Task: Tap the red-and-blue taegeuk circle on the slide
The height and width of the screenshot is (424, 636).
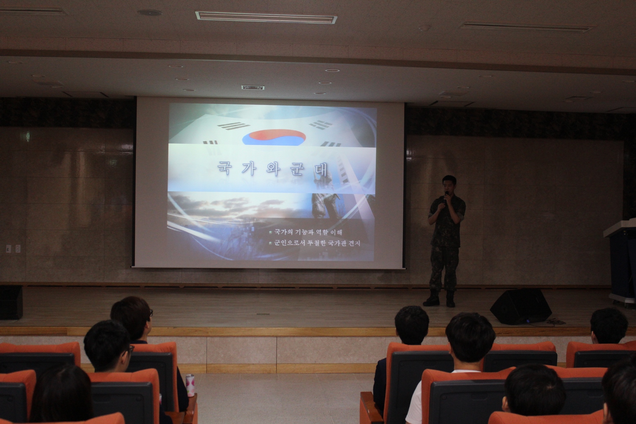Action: point(274,138)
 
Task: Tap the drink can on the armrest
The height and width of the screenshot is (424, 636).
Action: point(190,385)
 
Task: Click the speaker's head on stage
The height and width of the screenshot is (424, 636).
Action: point(449,185)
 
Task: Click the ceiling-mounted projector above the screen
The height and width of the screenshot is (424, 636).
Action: point(253,87)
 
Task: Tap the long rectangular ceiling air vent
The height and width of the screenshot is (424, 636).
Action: point(266,18)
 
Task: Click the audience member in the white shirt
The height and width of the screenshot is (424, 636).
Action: point(454,369)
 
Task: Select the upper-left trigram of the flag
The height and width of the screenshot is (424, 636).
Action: point(234,126)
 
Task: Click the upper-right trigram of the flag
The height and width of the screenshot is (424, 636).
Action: point(321,125)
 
